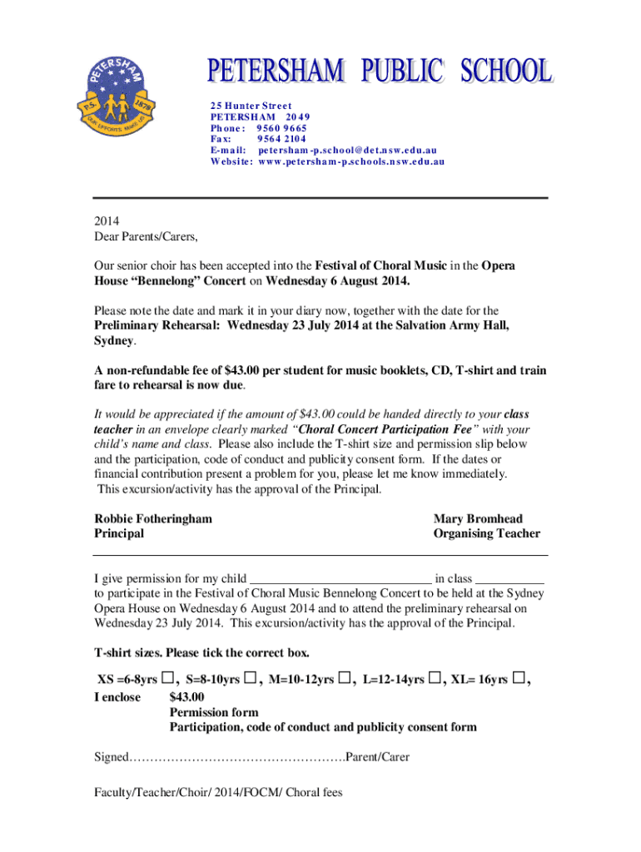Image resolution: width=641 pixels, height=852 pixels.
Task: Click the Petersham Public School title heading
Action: (379, 72)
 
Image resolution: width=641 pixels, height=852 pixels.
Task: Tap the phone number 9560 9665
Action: (282, 129)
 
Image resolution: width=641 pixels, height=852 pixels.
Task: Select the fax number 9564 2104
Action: (282, 140)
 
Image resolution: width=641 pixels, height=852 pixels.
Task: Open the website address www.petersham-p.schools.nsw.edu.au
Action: (350, 161)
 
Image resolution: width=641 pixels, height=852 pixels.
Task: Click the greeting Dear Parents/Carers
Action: (147, 236)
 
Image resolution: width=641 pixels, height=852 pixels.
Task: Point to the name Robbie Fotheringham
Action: (153, 518)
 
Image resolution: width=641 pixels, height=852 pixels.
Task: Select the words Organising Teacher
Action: (486, 533)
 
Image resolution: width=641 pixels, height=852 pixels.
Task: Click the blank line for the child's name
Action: (340, 581)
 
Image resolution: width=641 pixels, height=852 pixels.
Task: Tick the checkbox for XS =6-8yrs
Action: (168, 678)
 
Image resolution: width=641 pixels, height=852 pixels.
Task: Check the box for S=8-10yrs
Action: (250, 678)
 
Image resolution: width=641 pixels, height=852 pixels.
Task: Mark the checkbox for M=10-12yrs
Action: (345, 678)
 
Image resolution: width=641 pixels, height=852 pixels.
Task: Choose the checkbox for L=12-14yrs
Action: (435, 678)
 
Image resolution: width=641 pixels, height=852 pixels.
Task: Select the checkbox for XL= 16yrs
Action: (519, 678)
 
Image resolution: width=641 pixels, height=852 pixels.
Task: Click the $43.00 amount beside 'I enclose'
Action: (186, 697)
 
